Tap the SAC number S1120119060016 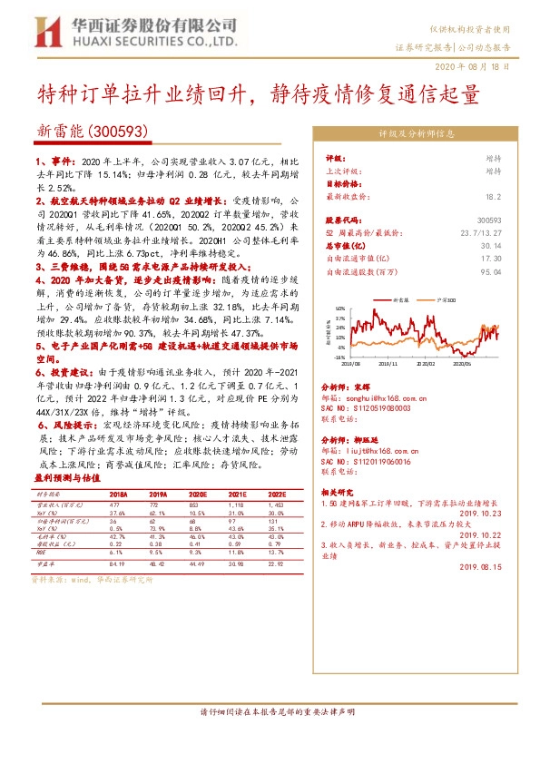[x=374, y=460]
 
